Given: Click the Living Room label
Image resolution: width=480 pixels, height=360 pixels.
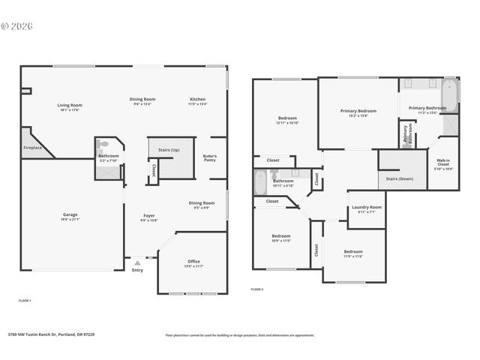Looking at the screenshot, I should tap(69, 105).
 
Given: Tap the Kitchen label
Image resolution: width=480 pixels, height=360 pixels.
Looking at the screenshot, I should tap(198, 99).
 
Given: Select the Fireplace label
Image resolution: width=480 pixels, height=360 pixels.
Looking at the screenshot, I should tap(31, 148).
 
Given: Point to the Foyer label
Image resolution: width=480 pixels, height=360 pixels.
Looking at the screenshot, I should tap(149, 216).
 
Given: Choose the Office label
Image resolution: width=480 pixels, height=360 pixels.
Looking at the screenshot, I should tap(193, 261).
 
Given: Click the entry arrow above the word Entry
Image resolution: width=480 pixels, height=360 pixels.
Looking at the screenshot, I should tap(136, 263).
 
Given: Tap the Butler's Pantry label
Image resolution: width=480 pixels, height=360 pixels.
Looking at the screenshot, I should tap(210, 157).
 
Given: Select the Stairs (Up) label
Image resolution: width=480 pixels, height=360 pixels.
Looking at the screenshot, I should tap(169, 149).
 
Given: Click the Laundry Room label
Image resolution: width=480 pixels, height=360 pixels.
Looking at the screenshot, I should tap(367, 207).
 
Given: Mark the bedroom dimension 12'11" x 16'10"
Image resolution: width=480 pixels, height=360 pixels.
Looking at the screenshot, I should tap(288, 123).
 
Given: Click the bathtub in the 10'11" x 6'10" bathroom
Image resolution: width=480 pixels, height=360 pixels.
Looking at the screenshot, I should tap(259, 182).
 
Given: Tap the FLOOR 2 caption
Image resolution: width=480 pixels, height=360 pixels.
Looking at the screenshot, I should tap(257, 289).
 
